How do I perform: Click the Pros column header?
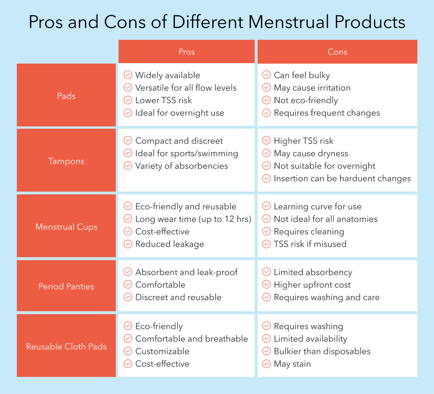point(186,52)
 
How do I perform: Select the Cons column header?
point(337,52)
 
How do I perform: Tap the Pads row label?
point(66,96)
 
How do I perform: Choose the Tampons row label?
point(66,161)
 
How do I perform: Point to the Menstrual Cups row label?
point(66,227)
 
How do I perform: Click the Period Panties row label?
point(66,286)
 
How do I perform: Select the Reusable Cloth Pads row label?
point(66,346)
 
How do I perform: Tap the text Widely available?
point(167,75)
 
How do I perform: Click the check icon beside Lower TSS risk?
point(128,100)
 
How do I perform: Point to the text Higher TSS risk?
point(303,141)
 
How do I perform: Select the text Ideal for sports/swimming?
point(186,153)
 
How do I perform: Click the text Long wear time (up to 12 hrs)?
point(193,219)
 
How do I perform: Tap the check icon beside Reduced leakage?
point(128,244)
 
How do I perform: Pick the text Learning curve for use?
point(317,207)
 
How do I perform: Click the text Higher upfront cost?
point(312,285)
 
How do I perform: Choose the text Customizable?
point(162,351)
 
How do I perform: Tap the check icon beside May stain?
point(266,364)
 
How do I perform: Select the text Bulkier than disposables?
point(322,351)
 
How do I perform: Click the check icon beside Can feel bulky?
point(266,75)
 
